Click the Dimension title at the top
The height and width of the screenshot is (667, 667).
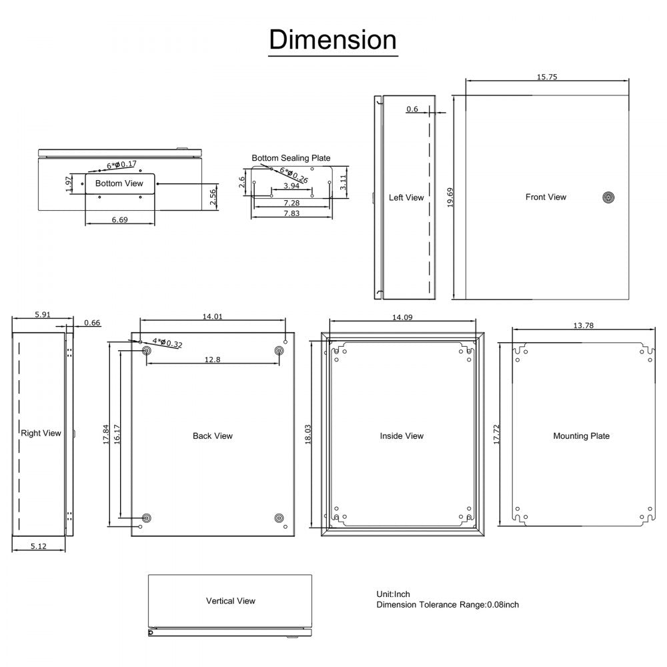333,40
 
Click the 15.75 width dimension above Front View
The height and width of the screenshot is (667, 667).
547,77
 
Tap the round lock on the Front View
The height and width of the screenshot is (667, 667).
608,197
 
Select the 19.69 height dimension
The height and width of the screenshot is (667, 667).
450,197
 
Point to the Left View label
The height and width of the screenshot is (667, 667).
406,197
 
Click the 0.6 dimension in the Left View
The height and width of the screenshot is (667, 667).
412,109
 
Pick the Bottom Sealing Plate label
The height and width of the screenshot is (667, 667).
291,158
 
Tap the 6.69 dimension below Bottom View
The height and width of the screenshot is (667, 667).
119,219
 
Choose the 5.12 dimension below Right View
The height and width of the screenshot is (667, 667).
39,546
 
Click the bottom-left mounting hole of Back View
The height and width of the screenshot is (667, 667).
147,518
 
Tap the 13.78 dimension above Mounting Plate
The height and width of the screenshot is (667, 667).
583,325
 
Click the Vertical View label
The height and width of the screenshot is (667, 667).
230,601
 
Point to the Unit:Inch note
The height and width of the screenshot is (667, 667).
394,594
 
